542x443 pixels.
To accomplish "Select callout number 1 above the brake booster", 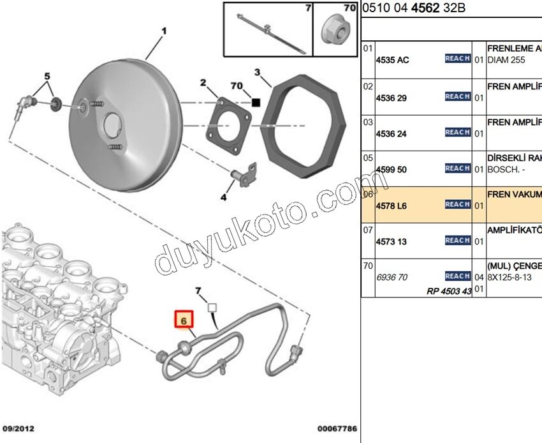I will pos(163,30).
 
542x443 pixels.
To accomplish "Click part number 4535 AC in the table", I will pos(393,60).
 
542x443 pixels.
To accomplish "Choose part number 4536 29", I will pos(392,98).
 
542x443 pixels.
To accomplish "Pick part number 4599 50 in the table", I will pos(392,170).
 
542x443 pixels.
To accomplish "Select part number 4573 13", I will pos(392,242).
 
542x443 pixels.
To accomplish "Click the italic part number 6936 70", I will pos(392,278).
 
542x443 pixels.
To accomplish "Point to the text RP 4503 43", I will pos(450,291).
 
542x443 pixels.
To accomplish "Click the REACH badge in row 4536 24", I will pos(457,132).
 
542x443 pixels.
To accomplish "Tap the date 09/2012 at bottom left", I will pos(19,428).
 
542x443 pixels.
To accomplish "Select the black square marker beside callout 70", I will pos(256,101).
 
